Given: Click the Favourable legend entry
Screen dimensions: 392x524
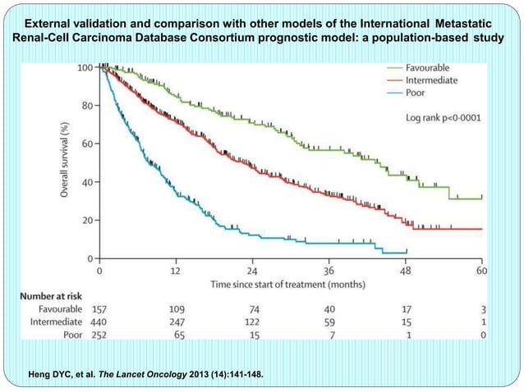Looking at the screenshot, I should coord(433,68).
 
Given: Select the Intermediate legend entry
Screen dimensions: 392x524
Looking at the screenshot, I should coord(435,80).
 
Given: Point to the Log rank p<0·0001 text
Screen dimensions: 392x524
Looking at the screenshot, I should coord(444,118).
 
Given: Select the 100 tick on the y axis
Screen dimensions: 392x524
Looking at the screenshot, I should coord(82,66).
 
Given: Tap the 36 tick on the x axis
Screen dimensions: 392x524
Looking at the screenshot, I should coord(329,271).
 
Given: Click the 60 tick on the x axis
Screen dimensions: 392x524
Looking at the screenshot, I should coord(481,271).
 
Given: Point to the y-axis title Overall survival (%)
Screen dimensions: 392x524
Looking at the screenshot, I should coord(62,160).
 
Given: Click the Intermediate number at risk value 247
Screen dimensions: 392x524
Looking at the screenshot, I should coord(177,323).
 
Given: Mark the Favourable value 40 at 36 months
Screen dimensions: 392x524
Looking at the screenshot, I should coord(329,309).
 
